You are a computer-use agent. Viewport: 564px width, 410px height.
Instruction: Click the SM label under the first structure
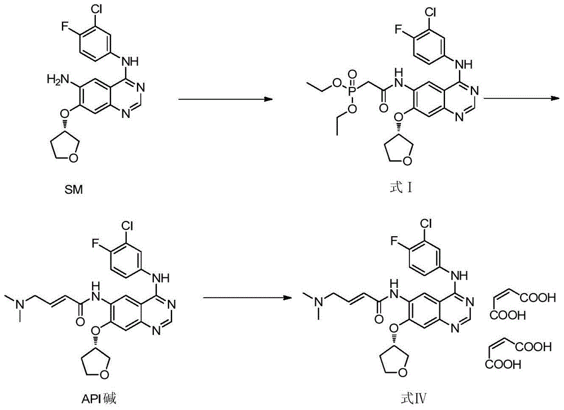click(x=73, y=189)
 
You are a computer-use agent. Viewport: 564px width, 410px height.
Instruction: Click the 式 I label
click(x=400, y=187)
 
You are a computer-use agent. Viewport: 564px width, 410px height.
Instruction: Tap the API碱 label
click(x=98, y=399)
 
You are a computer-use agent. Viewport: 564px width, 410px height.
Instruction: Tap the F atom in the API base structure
click(x=96, y=243)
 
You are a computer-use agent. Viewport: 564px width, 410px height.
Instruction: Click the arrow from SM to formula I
click(x=226, y=99)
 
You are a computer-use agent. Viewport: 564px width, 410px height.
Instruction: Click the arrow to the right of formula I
click(x=522, y=98)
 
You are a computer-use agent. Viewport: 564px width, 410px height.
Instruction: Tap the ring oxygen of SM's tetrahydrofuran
click(x=73, y=158)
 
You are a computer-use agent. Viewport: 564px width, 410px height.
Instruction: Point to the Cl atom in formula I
click(x=430, y=12)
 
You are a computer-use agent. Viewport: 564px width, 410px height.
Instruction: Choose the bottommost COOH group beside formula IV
click(x=503, y=364)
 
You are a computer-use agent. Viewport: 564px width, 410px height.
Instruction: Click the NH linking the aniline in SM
click(x=130, y=61)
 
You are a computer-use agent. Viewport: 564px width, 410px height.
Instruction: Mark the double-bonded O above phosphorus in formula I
click(x=352, y=75)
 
